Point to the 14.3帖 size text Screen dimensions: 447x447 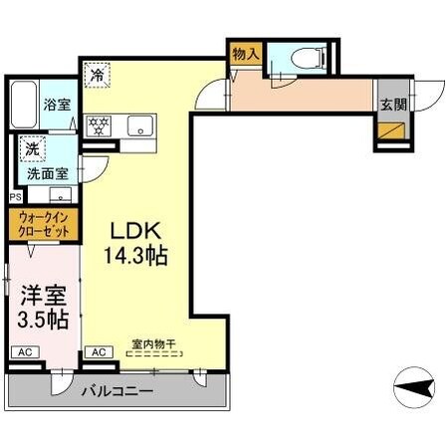134,254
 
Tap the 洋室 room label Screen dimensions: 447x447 41,296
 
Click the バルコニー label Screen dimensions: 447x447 118,391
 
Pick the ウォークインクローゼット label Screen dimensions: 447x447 41,225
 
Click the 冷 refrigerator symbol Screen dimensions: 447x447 98,74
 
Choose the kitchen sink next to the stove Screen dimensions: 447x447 138,126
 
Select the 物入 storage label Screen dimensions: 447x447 245,54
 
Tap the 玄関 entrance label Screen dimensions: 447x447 389,104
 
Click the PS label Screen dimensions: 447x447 13,197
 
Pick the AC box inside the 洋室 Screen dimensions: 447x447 24,352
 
